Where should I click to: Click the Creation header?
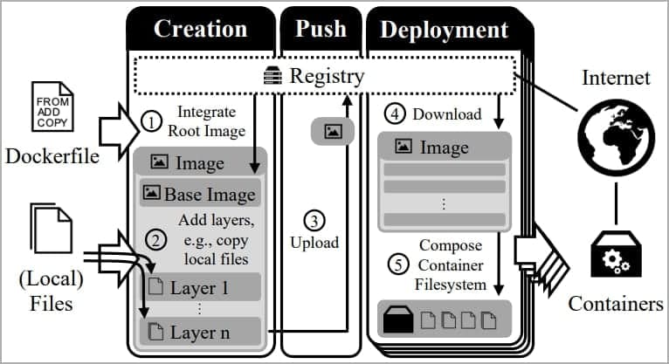pyautogui.click(x=200, y=29)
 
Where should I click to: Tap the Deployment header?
pyautogui.click(x=444, y=29)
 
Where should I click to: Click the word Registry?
pyautogui.click(x=326, y=76)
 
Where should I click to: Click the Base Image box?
pyautogui.click(x=200, y=193)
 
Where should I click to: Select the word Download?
pyautogui.click(x=446, y=113)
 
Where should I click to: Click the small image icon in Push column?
pyautogui.click(x=332, y=132)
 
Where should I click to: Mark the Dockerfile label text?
pyautogui.click(x=52, y=158)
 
